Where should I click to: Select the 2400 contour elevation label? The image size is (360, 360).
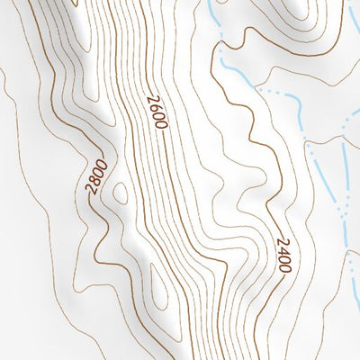coord(283,255)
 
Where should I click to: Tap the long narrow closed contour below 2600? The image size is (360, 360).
coord(160,288)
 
